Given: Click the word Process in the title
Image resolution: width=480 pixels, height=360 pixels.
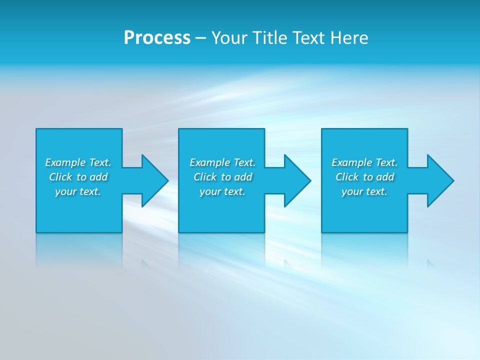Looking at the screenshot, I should coord(157,38).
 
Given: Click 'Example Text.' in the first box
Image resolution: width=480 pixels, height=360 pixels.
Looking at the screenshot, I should coord(78,162).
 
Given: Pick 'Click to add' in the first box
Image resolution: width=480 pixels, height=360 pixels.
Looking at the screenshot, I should coord(78,177).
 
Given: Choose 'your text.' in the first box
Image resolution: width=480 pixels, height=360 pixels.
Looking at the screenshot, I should coord(78,191).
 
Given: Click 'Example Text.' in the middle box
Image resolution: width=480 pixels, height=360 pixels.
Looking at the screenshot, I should coord(222,162).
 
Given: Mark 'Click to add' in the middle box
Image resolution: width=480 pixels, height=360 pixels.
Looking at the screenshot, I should coord(222,177).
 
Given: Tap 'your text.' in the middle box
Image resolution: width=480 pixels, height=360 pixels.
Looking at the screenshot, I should coord(222,191).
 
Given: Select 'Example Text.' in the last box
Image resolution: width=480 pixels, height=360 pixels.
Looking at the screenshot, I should coord(364,162).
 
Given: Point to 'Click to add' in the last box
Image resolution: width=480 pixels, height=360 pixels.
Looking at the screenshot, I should coord(364,177).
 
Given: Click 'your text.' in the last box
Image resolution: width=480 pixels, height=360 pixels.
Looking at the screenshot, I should coord(364,191).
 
